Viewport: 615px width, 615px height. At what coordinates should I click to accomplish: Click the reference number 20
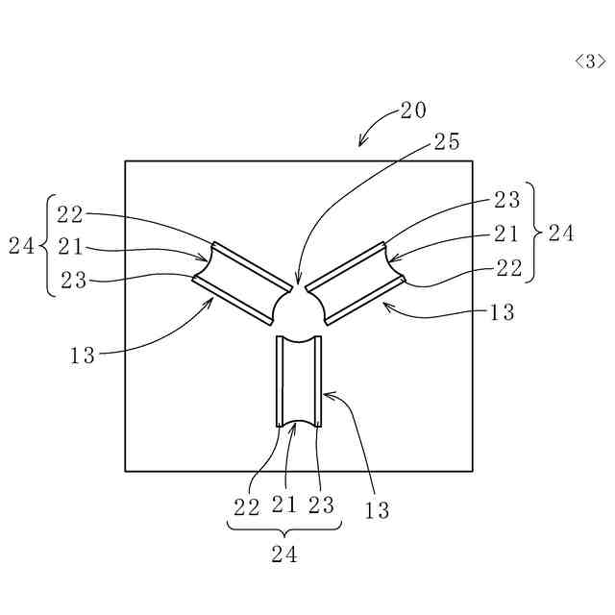(x=414, y=111)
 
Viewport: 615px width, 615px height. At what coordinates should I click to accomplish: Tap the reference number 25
(x=447, y=142)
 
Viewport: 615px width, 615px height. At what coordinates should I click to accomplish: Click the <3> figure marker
(x=590, y=61)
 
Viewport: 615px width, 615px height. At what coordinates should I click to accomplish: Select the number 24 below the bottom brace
(x=283, y=554)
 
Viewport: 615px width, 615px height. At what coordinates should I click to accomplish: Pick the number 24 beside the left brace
(x=21, y=247)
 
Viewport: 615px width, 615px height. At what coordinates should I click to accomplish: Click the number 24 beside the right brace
(x=561, y=233)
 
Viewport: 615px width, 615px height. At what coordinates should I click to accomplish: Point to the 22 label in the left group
(x=70, y=213)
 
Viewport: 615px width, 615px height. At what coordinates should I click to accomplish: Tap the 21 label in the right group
(x=506, y=234)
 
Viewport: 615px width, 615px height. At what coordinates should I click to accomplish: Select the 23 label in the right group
(x=506, y=200)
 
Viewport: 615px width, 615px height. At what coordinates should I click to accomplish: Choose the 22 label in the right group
(x=508, y=268)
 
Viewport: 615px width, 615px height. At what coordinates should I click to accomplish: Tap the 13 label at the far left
(x=83, y=356)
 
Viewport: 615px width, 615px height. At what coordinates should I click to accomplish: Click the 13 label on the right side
(x=502, y=313)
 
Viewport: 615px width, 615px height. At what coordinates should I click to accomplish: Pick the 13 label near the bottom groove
(x=378, y=510)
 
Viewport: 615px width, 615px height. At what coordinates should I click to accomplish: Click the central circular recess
(x=298, y=309)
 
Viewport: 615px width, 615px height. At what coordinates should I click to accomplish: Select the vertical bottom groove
(x=298, y=381)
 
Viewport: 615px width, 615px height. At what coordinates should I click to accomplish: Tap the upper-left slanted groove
(x=241, y=282)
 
